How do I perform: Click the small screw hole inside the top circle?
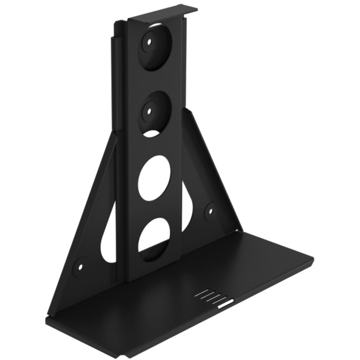point(150,43)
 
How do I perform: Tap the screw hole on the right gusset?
point(210,210)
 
